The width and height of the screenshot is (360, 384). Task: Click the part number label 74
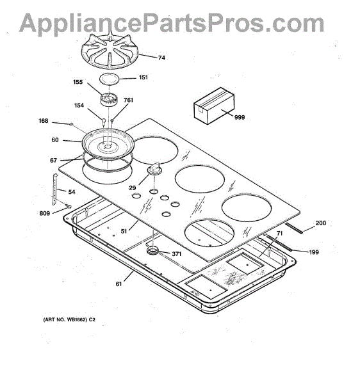click(x=161, y=58)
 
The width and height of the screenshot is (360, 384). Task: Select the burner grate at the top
click(x=110, y=51)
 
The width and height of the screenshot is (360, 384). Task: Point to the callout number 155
click(x=78, y=82)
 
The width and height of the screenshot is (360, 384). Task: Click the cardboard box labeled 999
click(x=214, y=106)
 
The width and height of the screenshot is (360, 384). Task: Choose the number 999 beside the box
click(x=240, y=117)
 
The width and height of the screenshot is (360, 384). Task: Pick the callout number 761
click(x=128, y=100)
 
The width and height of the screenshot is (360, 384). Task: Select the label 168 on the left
click(x=44, y=121)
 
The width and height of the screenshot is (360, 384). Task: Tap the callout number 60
click(x=55, y=140)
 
